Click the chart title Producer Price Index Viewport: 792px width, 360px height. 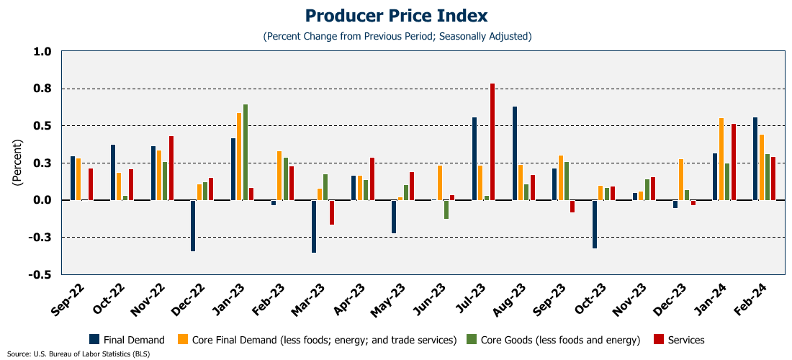[396, 16]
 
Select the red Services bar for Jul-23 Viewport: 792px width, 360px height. [492, 142]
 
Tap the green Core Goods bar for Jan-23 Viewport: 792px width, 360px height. [246, 152]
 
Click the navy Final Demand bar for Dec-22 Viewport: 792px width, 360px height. [193, 225]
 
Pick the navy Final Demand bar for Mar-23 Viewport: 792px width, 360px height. [314, 226]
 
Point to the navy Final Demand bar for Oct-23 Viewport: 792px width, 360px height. [595, 224]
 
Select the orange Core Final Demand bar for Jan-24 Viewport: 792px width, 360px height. [721, 159]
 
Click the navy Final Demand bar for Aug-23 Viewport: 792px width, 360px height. [515, 153]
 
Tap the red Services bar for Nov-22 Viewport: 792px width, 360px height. [171, 168]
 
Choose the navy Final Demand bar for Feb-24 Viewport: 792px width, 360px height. [755, 158]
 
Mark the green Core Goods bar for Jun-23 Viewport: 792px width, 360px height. [446, 209]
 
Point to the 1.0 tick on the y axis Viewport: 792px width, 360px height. [42, 52]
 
